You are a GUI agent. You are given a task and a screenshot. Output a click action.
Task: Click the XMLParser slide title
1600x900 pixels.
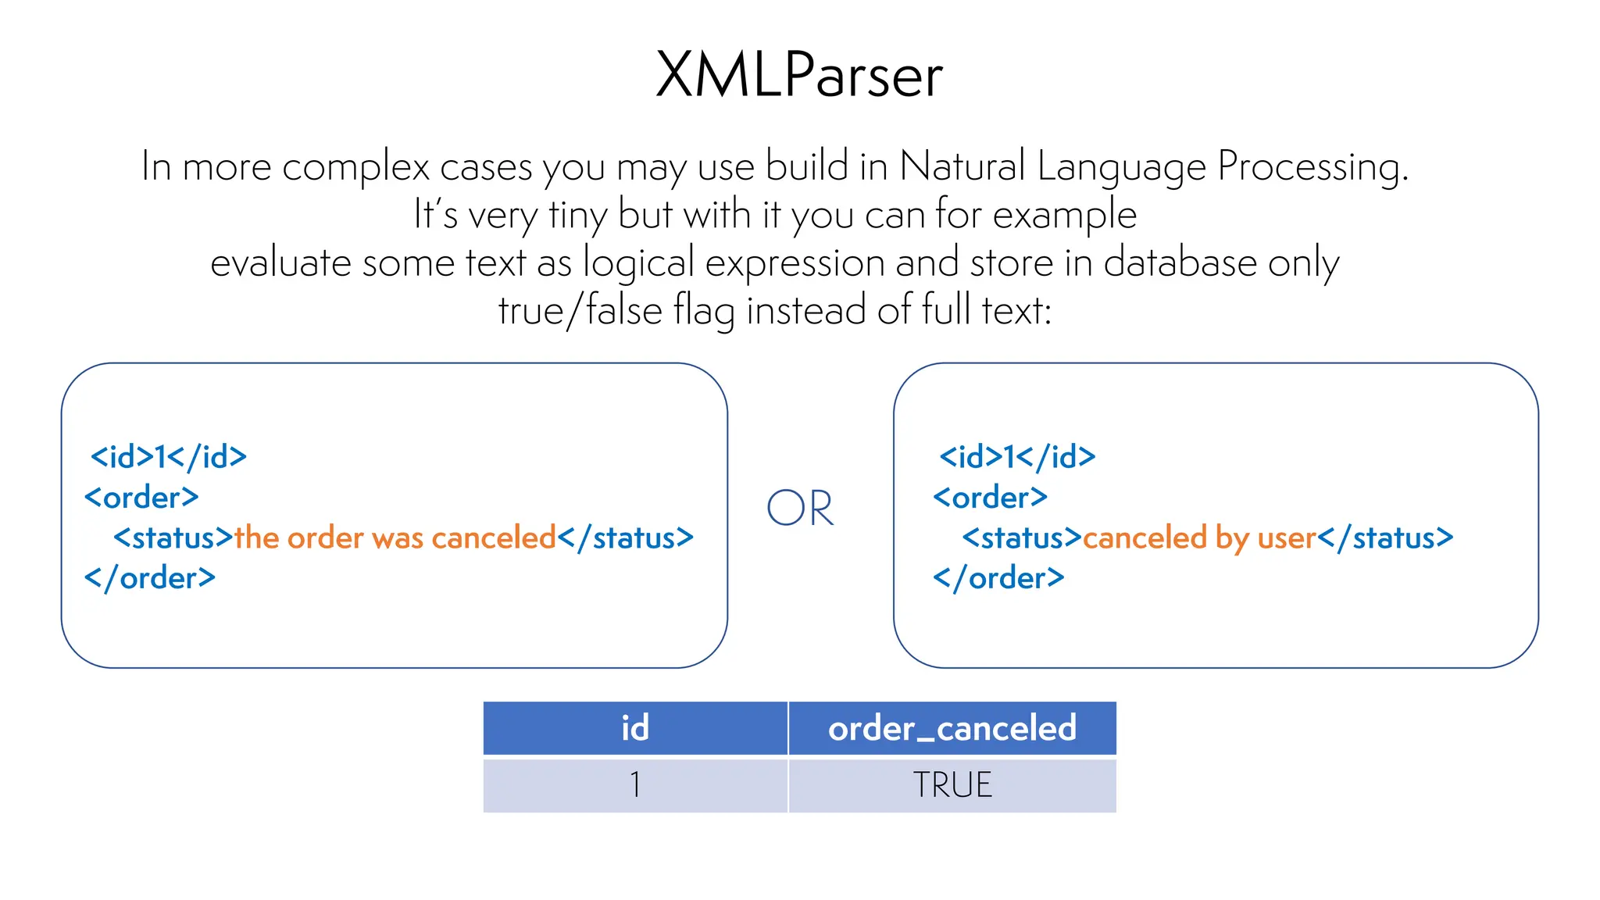click(799, 76)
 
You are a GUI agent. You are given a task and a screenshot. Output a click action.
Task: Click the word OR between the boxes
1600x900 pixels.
click(800, 509)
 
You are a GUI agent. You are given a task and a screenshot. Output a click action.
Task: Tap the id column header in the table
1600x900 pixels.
click(634, 728)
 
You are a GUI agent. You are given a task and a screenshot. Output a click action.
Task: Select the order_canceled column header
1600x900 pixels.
click(952, 728)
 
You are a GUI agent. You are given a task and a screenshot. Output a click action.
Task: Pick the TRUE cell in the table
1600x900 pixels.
click(952, 784)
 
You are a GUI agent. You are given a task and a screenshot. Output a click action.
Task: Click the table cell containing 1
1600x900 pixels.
click(634, 784)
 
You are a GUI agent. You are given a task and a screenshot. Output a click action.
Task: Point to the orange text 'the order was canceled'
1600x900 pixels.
click(395, 537)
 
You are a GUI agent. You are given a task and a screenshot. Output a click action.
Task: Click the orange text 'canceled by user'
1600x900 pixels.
click(1199, 537)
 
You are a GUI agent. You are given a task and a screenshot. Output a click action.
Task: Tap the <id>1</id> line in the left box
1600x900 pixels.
click(169, 457)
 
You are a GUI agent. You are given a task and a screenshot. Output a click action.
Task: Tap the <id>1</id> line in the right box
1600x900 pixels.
click(1017, 457)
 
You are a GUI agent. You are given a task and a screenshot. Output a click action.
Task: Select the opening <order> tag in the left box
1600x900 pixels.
click(141, 498)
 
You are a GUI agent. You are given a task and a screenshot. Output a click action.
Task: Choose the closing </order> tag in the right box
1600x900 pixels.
click(998, 578)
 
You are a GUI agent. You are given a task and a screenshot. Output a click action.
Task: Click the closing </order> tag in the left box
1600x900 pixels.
click(150, 578)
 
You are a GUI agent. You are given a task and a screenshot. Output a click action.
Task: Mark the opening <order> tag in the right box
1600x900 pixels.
click(990, 498)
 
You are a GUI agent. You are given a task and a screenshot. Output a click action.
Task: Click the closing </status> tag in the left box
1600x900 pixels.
click(625, 537)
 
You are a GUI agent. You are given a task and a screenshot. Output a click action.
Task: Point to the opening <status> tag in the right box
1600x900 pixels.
click(1021, 537)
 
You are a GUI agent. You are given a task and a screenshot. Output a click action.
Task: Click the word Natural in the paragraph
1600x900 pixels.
click(962, 166)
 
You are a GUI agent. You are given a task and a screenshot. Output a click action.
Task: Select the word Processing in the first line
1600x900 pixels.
click(1312, 166)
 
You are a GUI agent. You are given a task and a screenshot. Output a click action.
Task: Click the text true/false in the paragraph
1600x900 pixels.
click(580, 310)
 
